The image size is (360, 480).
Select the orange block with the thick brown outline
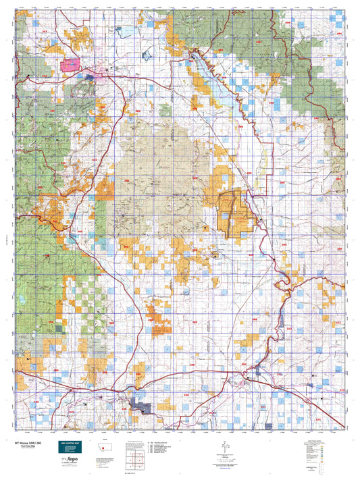(x=236, y=213)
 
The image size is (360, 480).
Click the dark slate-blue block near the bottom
(x=143, y=405)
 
